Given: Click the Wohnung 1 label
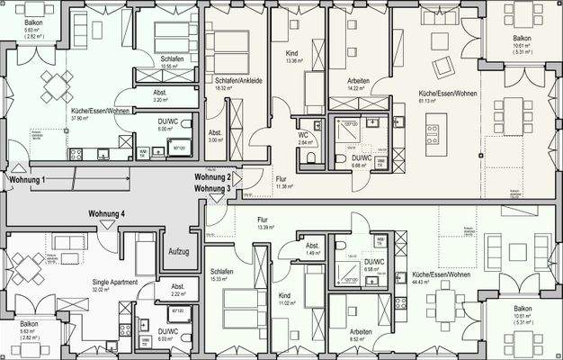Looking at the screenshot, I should (x=27, y=181).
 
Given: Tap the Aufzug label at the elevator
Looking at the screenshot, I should (x=178, y=252).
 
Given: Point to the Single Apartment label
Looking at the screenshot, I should (x=114, y=283).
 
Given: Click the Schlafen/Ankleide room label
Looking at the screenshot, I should (x=238, y=80).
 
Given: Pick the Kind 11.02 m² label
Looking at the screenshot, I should (x=284, y=295).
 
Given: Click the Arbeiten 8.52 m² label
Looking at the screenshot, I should (x=362, y=331).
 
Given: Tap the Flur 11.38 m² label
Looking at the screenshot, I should (x=281, y=179).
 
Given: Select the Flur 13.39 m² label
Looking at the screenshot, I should (x=264, y=220).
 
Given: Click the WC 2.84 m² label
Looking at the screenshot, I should (x=305, y=135).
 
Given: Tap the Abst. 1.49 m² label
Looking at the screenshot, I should (x=312, y=247).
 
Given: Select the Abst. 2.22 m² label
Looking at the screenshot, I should (x=177, y=289).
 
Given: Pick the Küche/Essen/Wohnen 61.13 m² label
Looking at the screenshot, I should (x=439, y=94).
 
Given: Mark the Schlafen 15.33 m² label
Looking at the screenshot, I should (x=222, y=272).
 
